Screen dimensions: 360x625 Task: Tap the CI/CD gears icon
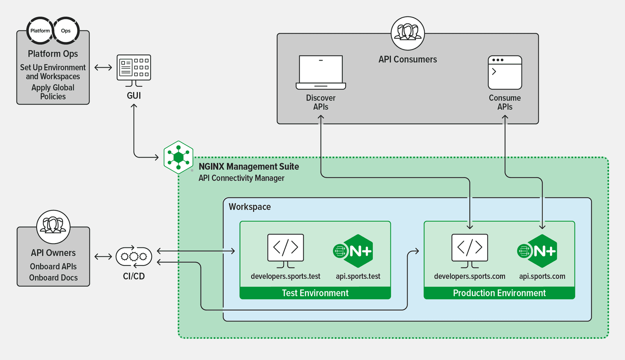pyautogui.click(x=134, y=256)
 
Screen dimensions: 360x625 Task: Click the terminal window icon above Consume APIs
pyautogui.click(x=505, y=72)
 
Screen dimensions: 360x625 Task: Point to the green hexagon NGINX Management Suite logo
pyautogui.click(x=179, y=157)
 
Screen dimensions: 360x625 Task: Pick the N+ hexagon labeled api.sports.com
pyautogui.click(x=539, y=251)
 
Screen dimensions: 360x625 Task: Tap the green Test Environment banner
pyautogui.click(x=315, y=293)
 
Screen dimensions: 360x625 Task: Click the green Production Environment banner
pyautogui.click(x=499, y=293)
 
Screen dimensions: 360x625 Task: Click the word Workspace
pyautogui.click(x=250, y=207)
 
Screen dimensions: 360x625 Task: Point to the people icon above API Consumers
pyautogui.click(x=408, y=33)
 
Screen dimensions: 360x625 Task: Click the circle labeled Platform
pyautogui.click(x=40, y=30)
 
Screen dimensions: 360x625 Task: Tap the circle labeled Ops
pyautogui.click(x=66, y=30)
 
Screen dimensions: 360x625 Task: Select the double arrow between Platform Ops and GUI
pyautogui.click(x=103, y=68)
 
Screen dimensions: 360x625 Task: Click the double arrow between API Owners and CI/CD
pyautogui.click(x=103, y=257)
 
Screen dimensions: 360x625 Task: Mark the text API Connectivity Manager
pyautogui.click(x=241, y=178)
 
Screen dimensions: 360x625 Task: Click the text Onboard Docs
pyautogui.click(x=54, y=278)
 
